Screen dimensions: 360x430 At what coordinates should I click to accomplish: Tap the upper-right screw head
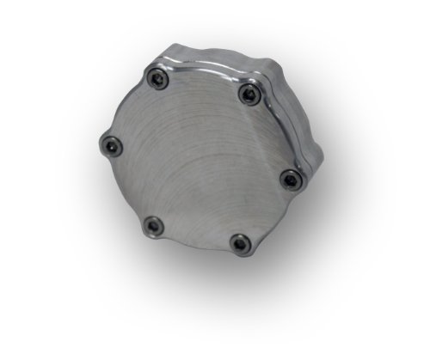249,93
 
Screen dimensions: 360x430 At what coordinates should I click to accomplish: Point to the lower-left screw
152,225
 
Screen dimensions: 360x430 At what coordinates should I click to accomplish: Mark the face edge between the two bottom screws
196,244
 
